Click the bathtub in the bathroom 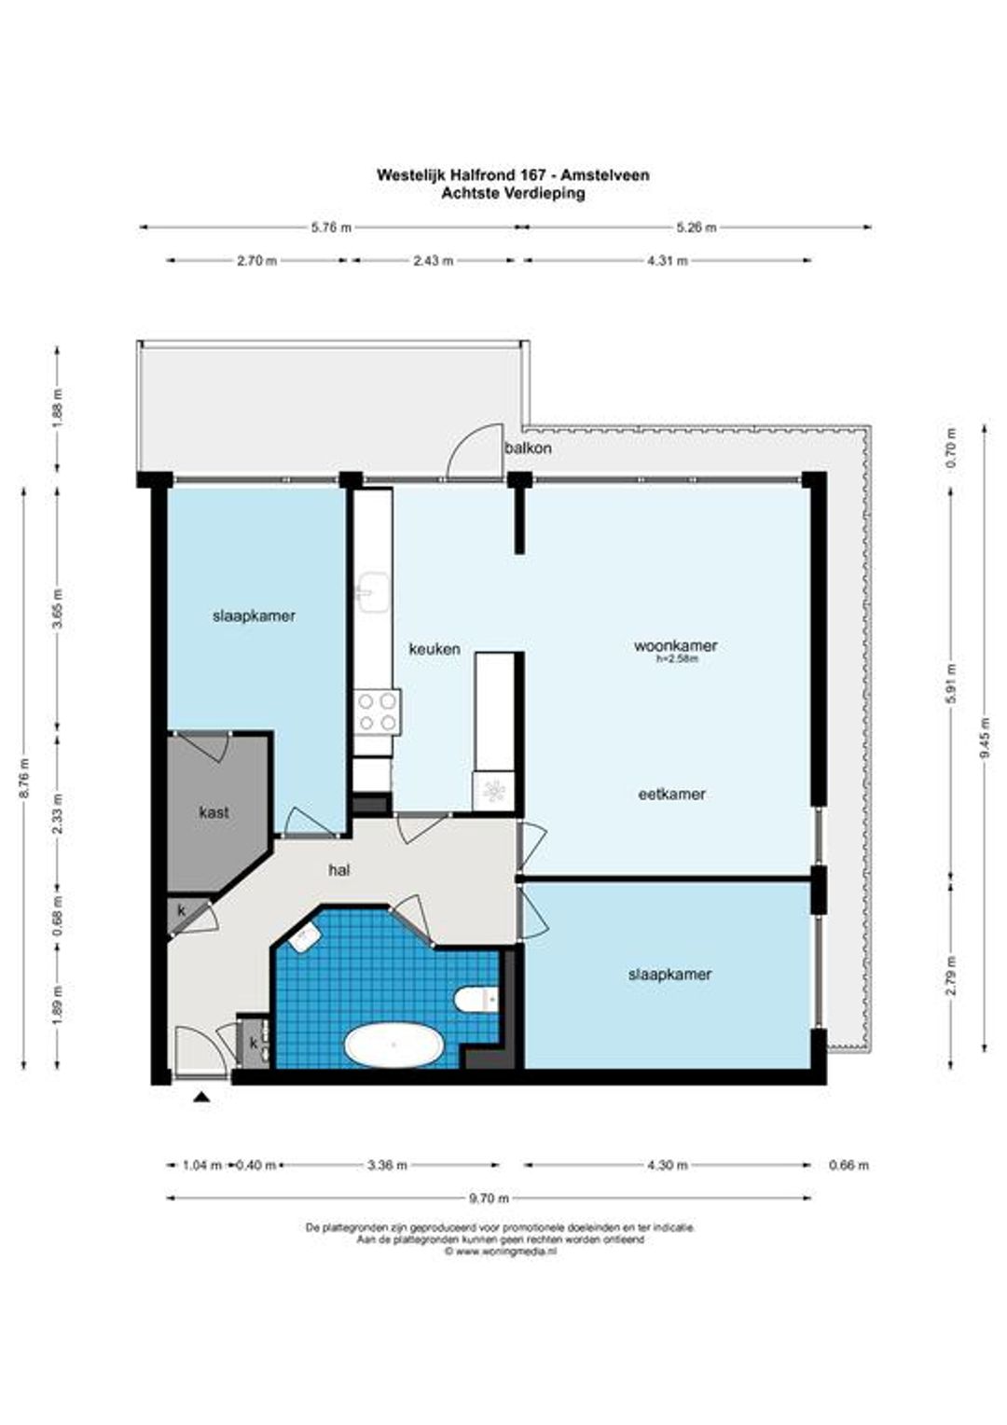tap(393, 1045)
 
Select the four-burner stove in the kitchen tap(378, 712)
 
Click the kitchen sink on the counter tap(373, 592)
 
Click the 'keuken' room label tap(435, 649)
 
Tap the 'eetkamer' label tap(671, 794)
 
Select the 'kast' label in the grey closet tap(214, 812)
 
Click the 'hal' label tap(339, 870)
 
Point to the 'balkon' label tap(528, 448)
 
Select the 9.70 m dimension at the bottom tap(489, 1198)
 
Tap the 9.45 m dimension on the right tap(985, 739)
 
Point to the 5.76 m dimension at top tap(331, 228)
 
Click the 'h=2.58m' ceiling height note tap(677, 659)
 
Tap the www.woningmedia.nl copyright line tap(501, 1250)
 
